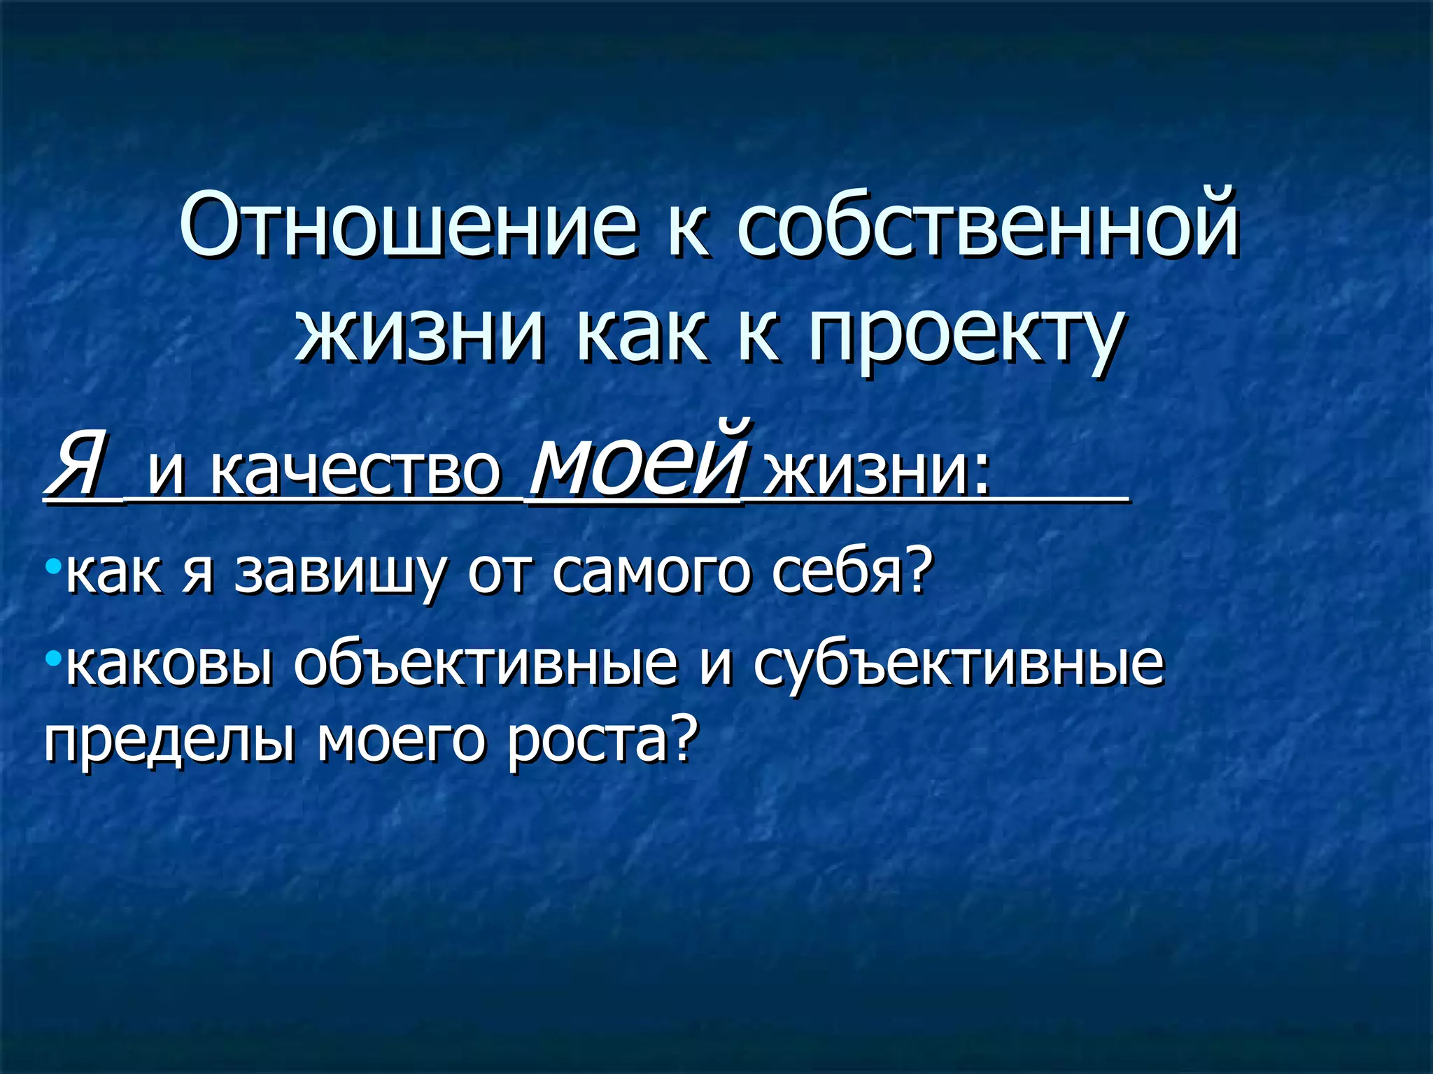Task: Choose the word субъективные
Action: tap(959, 664)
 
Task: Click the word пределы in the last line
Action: tap(168, 743)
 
